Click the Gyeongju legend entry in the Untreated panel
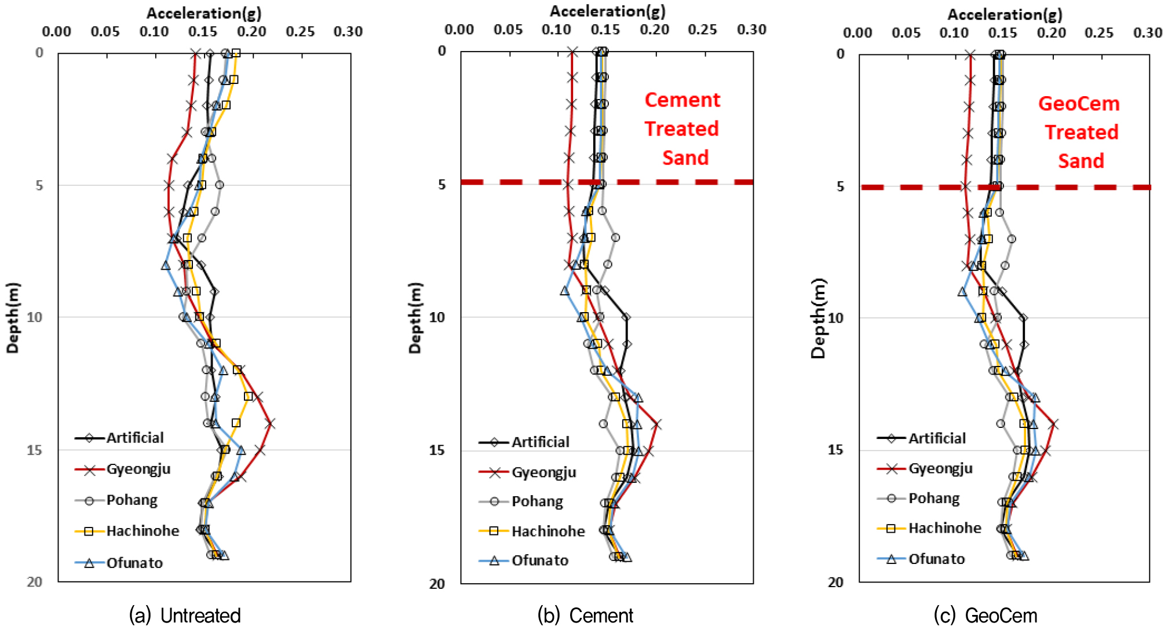click(138, 469)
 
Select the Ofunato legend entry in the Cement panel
click(539, 561)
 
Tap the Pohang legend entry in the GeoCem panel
click(933, 499)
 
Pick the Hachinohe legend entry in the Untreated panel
click(143, 531)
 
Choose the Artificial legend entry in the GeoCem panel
click(936, 438)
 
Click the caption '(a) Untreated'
click(185, 615)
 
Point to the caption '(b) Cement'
click(586, 615)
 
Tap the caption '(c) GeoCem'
click(986, 615)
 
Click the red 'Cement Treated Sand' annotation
click(682, 129)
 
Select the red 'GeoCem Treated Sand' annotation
click(1080, 132)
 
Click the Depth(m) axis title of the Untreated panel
click(13, 317)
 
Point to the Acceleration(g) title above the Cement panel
click(607, 11)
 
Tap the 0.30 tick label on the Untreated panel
click(348, 31)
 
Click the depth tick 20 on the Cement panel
click(437, 584)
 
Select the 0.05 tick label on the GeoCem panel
click(906, 33)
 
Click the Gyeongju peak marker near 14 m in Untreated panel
click(270, 424)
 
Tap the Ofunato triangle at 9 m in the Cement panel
click(565, 290)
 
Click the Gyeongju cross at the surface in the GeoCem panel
click(970, 55)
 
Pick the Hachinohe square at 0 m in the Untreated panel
click(236, 53)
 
